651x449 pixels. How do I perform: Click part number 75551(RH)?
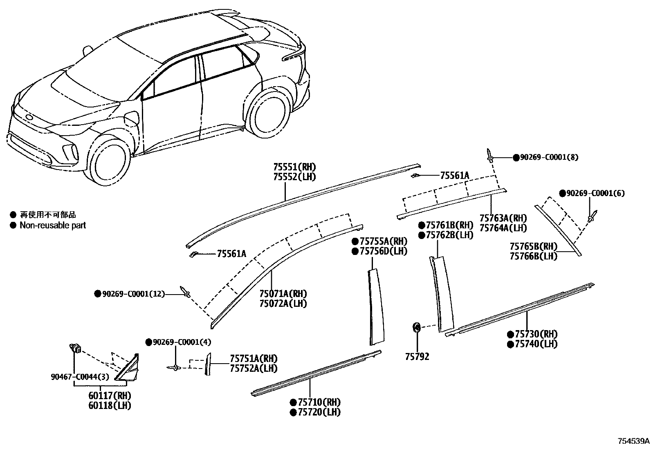tap(294, 167)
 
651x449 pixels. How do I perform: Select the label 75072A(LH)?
tap(283, 304)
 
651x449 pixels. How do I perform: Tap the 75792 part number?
tap(417, 357)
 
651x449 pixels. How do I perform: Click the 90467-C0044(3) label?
tap(80, 377)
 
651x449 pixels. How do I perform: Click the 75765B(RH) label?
tap(533, 246)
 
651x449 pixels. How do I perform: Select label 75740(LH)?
tap(536, 344)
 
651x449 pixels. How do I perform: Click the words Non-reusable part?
tap(53, 225)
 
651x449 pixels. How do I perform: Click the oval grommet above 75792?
tap(416, 327)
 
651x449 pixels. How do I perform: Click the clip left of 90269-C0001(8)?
tap(490, 155)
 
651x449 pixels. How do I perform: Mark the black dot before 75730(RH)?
tap(510, 334)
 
